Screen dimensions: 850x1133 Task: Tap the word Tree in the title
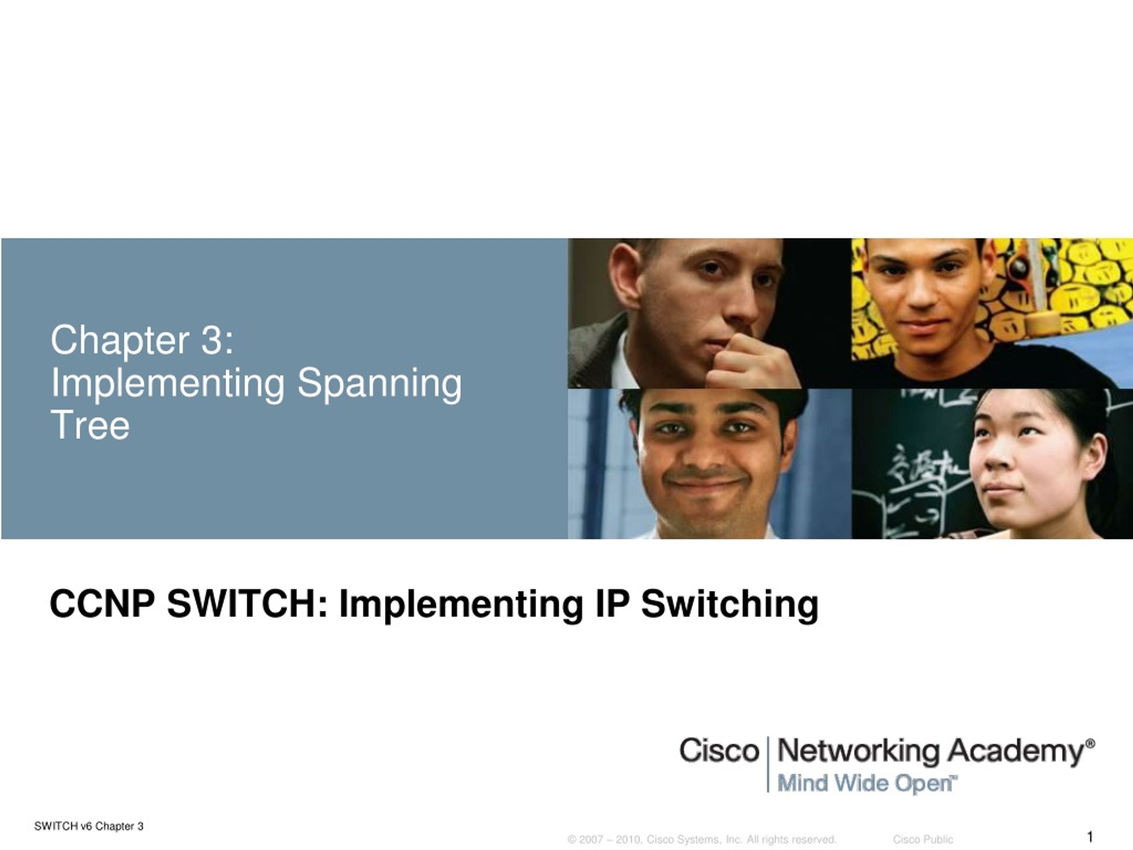90,425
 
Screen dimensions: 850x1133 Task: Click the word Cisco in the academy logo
719,751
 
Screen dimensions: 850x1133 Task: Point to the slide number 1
1090,837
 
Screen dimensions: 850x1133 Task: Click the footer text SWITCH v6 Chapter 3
89,826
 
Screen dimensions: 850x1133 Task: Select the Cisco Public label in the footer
923,839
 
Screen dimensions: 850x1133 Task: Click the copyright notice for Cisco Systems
702,839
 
